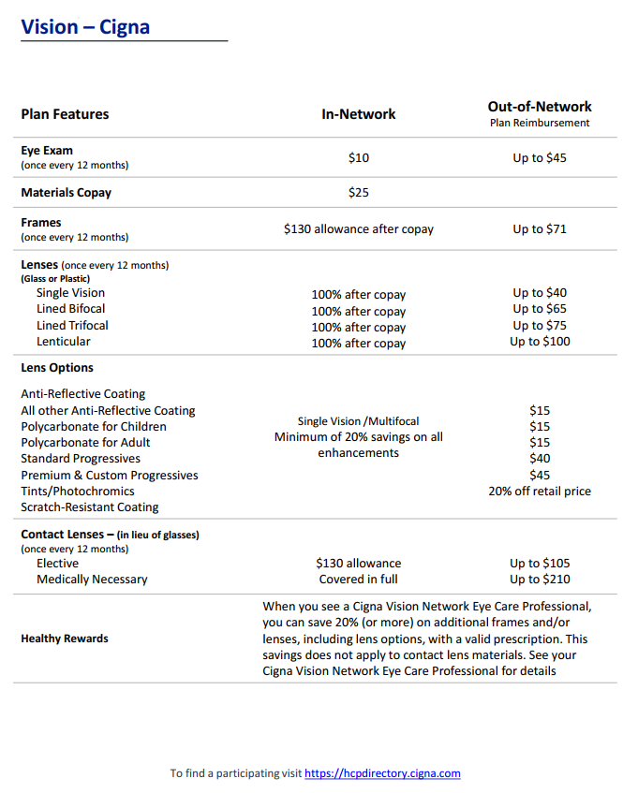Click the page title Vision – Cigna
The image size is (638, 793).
(x=85, y=26)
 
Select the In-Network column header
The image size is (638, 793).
(x=358, y=114)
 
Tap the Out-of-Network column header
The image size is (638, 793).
(x=540, y=107)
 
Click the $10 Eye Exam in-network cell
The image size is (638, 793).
(x=358, y=158)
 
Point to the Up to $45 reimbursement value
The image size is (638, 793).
(x=540, y=158)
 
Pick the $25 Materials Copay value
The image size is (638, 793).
(x=358, y=193)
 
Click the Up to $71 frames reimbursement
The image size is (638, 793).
(x=540, y=228)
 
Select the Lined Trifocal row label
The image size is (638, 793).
(x=72, y=326)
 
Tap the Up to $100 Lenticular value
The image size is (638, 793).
(x=540, y=342)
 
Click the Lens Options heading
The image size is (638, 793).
(x=57, y=368)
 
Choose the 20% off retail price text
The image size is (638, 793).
(x=540, y=491)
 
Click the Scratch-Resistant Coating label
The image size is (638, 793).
(x=90, y=507)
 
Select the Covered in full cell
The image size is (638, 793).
(x=358, y=580)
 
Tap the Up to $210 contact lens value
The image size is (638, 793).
(x=540, y=580)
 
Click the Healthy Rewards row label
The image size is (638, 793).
(x=65, y=639)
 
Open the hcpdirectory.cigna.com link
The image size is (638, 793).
(x=382, y=773)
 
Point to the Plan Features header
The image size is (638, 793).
(x=65, y=114)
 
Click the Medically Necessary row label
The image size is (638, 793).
(x=92, y=580)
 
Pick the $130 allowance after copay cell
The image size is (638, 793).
(x=358, y=228)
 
